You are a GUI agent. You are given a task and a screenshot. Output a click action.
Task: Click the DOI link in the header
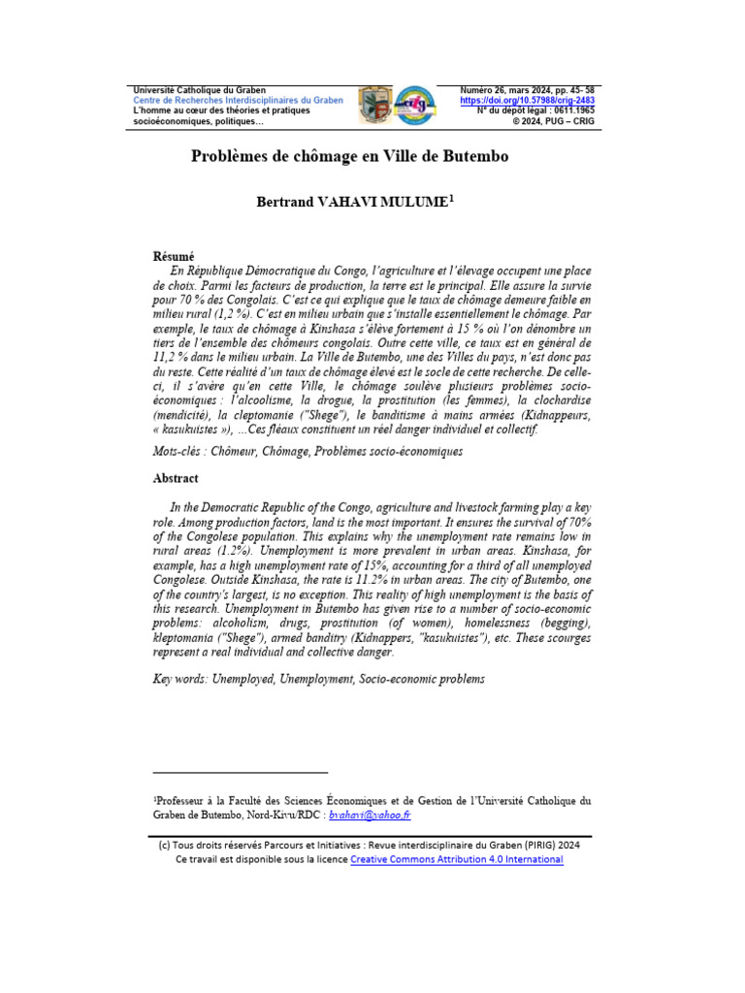tap(527, 101)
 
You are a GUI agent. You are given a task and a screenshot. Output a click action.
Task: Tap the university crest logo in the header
tap(374, 104)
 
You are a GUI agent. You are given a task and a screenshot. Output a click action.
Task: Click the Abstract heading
tap(176, 478)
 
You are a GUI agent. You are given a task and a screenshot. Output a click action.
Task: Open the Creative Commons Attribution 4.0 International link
tap(456, 859)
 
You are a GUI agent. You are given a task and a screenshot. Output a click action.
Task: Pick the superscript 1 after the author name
tap(451, 199)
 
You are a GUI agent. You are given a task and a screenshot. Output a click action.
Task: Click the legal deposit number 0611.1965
tap(571, 112)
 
